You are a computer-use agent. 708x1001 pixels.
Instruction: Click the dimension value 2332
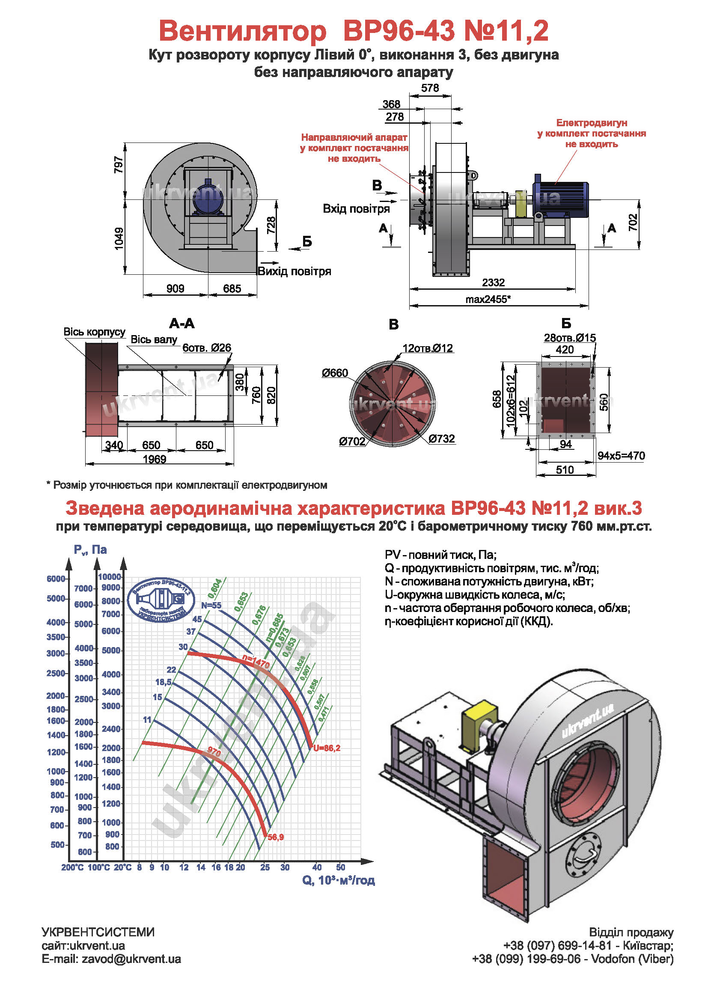(x=493, y=282)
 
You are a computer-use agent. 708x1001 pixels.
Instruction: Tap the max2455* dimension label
(x=488, y=299)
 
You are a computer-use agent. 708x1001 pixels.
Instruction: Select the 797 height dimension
(x=118, y=164)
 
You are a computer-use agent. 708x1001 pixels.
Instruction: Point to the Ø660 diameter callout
(x=335, y=373)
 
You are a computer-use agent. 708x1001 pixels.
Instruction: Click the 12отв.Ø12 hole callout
(x=428, y=348)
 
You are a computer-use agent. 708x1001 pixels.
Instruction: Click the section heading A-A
(x=182, y=323)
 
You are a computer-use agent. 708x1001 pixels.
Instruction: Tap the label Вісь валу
(x=154, y=339)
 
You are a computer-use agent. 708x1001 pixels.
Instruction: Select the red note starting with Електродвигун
(x=591, y=134)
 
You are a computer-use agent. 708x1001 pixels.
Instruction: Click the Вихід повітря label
(x=294, y=271)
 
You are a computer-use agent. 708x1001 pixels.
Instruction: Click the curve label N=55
(x=211, y=605)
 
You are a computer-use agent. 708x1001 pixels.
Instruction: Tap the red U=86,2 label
(x=327, y=748)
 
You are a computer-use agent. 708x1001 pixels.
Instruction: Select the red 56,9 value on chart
(x=276, y=837)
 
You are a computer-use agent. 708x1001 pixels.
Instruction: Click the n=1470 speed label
(x=256, y=662)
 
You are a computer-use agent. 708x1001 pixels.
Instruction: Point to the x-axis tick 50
(x=340, y=867)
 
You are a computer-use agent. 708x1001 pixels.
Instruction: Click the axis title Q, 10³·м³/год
(x=338, y=880)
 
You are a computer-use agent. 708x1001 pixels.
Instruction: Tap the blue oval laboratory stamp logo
(x=161, y=600)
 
